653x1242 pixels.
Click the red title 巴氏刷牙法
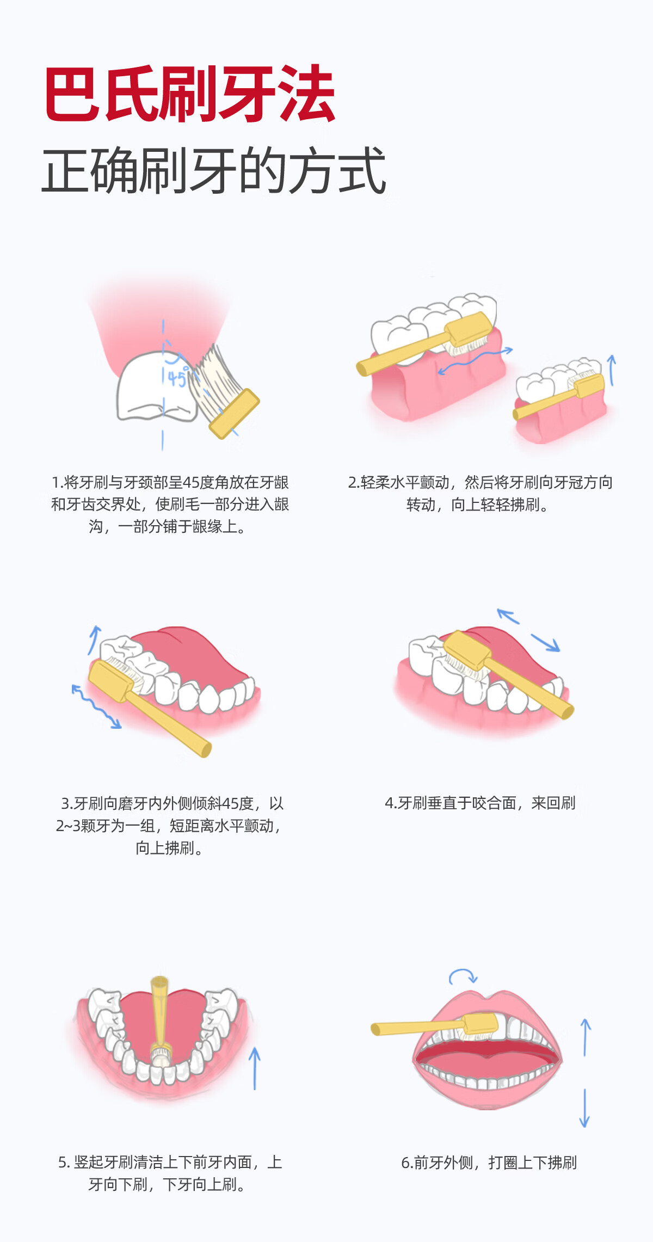pos(189,94)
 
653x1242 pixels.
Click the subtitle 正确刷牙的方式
pos(214,170)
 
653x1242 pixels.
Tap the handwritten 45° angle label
pos(177,377)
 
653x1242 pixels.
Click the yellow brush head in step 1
pos(235,414)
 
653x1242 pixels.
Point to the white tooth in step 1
pos(156,386)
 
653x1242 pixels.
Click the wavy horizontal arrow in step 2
pos(475,360)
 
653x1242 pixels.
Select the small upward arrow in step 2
pos(612,371)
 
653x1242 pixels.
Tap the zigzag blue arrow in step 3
pos(96,706)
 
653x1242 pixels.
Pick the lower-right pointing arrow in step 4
pos(545,642)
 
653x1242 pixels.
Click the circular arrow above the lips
pos(463,976)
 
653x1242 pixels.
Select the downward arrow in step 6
pos(584,1108)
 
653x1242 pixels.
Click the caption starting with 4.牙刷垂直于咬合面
pos(480,803)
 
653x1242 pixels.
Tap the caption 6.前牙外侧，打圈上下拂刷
pos(489,1163)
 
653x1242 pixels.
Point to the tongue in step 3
pos(190,656)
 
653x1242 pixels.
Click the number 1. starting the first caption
pos(57,482)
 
